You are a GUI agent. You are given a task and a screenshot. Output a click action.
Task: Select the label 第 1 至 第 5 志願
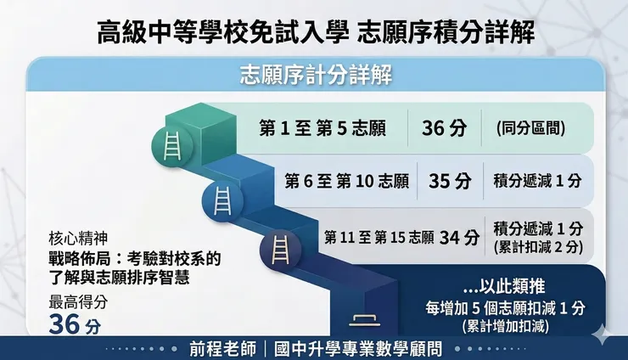tap(322, 130)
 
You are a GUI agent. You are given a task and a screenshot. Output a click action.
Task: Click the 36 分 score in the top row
tap(444, 129)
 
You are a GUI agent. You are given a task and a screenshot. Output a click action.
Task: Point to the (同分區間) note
tap(530, 130)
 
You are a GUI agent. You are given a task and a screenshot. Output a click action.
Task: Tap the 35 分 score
tap(450, 181)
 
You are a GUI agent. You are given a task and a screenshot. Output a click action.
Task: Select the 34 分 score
tap(460, 237)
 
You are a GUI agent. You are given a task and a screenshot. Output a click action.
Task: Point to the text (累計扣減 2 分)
tap(537, 246)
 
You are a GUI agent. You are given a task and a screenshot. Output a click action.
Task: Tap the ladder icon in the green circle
tap(170, 147)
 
